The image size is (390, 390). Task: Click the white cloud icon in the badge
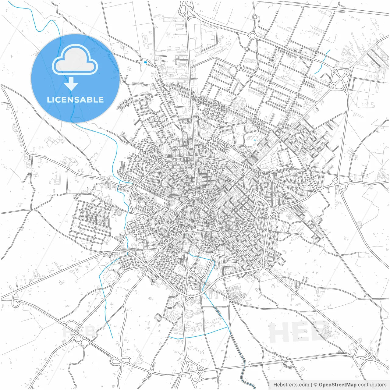pyautogui.click(x=75, y=60)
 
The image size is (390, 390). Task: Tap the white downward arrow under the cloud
pyautogui.click(x=71, y=83)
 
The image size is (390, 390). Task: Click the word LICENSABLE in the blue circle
pyautogui.click(x=75, y=100)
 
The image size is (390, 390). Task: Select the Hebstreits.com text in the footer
pyautogui.click(x=291, y=385)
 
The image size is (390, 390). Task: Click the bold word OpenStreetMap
pyautogui.click(x=337, y=385)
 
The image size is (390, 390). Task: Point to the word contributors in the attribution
pyautogui.click(x=372, y=385)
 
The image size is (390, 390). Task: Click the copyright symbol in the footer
pyautogui.click(x=316, y=385)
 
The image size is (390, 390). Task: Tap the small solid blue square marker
pyautogui.click(x=145, y=63)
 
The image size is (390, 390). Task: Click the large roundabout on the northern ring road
pyautogui.click(x=252, y=36)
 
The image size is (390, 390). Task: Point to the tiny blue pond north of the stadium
pyautogui.click(x=254, y=140)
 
